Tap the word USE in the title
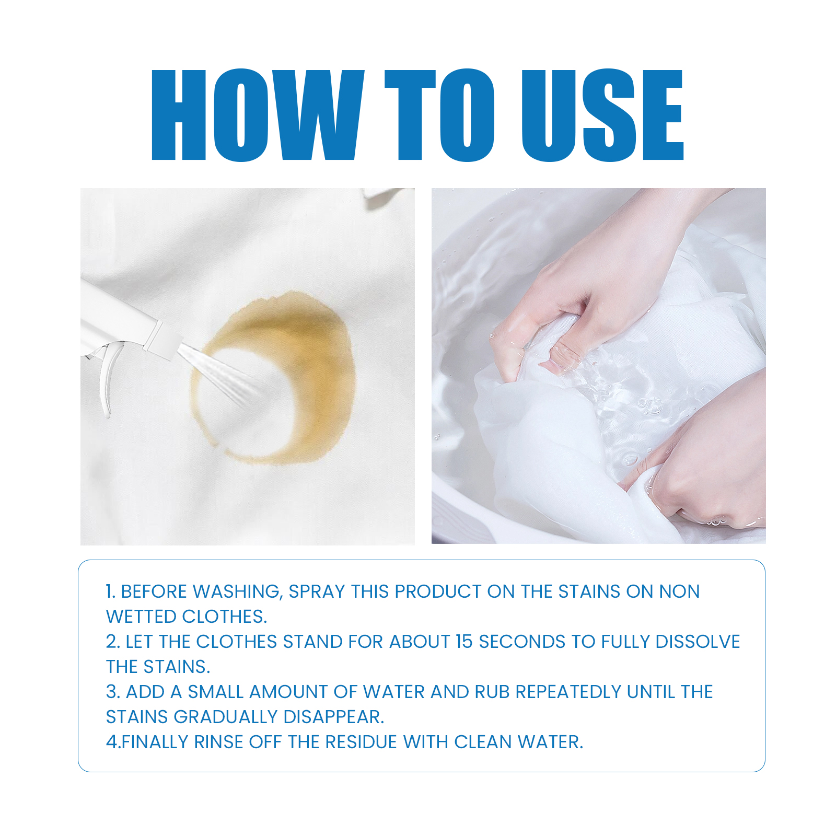click(602, 114)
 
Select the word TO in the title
click(439, 114)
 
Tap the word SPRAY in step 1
click(317, 591)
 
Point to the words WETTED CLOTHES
click(186, 617)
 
